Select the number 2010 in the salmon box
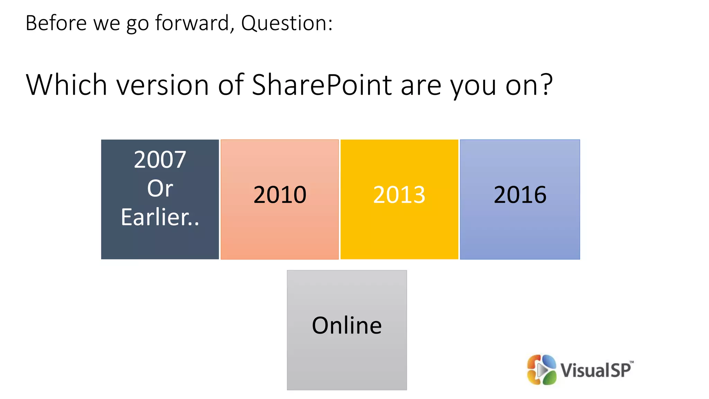[280, 195]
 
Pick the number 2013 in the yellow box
[399, 195]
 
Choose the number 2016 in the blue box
[520, 195]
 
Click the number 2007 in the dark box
[160, 160]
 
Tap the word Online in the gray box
[347, 326]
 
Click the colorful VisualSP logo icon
[541, 370]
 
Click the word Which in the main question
[66, 85]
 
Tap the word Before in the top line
[56, 23]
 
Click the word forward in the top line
[192, 23]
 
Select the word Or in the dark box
[160, 189]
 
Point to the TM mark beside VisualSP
[631, 362]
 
